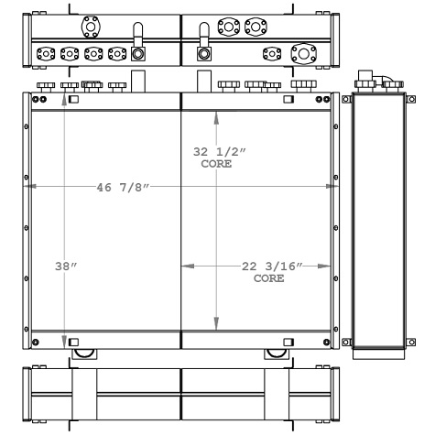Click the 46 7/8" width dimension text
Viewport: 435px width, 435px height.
123,188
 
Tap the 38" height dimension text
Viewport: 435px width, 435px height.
65,267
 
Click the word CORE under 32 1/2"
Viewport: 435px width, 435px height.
216,166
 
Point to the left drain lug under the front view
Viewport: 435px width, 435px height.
83,353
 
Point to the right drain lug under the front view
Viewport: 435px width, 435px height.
275,353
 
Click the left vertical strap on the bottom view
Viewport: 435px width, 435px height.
83,394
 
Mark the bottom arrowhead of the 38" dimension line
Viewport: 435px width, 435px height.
64,342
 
